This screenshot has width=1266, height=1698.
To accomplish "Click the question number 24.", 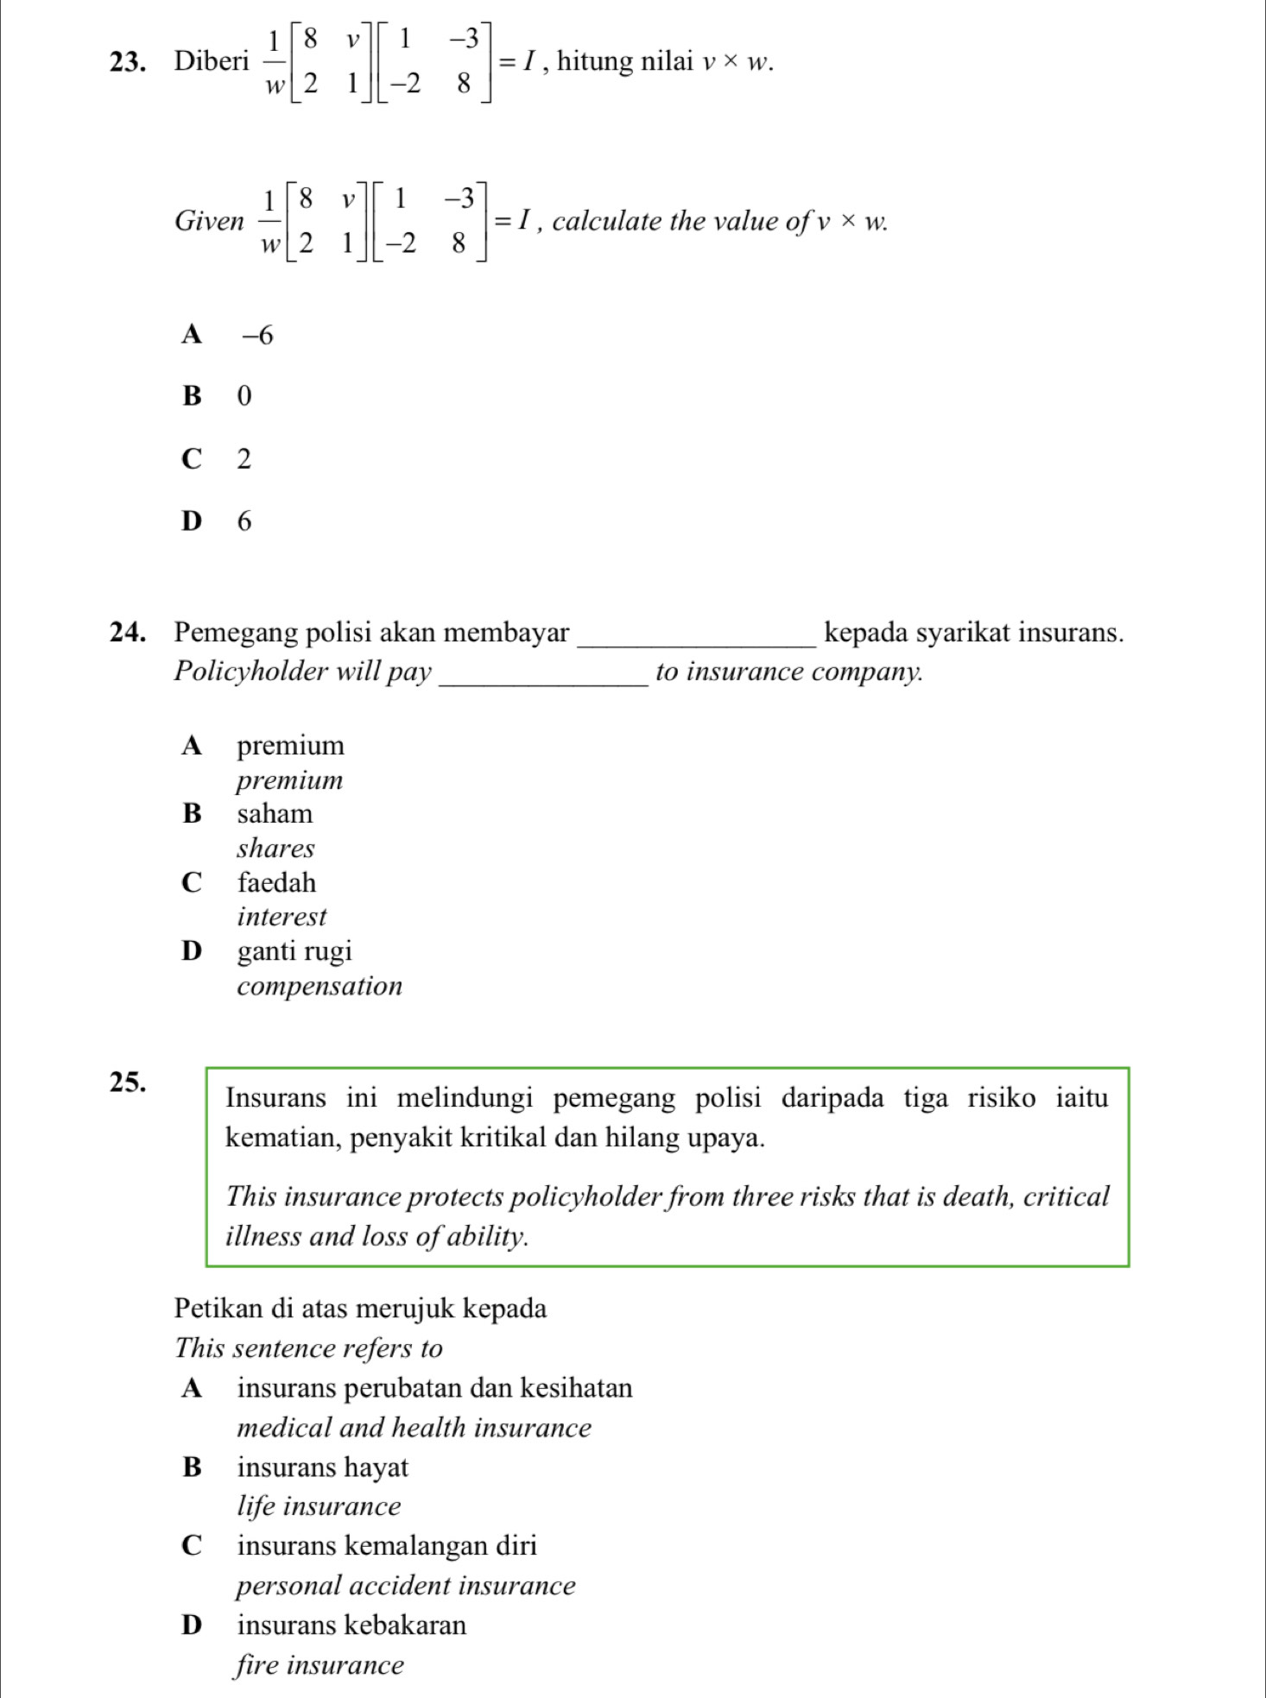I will click(127, 633).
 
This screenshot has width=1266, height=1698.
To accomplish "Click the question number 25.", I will click(127, 1082).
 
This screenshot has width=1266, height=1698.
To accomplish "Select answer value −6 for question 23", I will click(257, 335).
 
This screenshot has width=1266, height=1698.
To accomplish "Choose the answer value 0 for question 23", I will click(244, 396).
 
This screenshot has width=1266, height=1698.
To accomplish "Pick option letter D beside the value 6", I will click(192, 521).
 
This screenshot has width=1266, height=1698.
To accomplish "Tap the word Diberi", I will click(212, 61).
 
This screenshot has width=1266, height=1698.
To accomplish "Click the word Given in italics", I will click(209, 221).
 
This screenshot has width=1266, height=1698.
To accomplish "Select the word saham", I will click(275, 814).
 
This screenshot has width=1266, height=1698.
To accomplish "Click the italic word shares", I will click(275, 849).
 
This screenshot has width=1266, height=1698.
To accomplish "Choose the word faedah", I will click(276, 883).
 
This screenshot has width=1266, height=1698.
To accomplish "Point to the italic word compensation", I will click(320, 986).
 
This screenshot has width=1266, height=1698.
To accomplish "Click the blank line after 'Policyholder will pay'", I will click(544, 682).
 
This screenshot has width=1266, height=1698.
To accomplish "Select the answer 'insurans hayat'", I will click(323, 1468).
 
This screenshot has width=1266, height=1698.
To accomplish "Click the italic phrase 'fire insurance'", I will click(320, 1665).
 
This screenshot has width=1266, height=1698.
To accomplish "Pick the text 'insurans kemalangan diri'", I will click(387, 1546).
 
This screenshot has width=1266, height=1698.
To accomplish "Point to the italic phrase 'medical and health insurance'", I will click(414, 1428).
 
